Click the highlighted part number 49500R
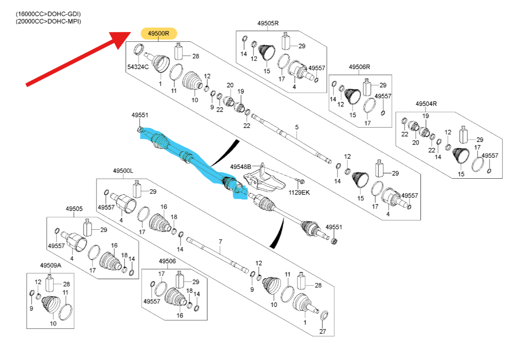click(x=159, y=33)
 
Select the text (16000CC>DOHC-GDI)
click(x=48, y=14)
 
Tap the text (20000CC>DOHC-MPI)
click(x=48, y=21)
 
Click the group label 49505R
click(x=268, y=23)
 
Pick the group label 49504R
click(x=426, y=104)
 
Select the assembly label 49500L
click(x=123, y=171)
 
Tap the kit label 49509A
click(x=51, y=265)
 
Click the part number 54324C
click(x=138, y=67)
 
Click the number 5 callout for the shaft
click(x=297, y=128)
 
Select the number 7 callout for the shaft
click(x=220, y=241)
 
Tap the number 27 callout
click(x=323, y=332)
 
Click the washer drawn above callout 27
click(x=324, y=316)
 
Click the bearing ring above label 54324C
click(x=138, y=49)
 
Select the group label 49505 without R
click(x=74, y=208)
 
